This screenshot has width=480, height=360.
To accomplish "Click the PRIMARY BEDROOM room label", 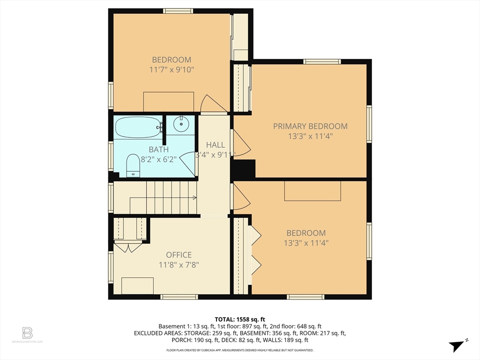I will coord(310,126).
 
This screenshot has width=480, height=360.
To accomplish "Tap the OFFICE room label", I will coord(179,255).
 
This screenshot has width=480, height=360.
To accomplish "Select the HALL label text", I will coord(215,145).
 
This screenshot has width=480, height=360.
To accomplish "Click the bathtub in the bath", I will coord(138,127).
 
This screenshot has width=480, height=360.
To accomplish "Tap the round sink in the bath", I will coord(180,125).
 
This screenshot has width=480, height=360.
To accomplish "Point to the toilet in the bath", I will coord(134,166).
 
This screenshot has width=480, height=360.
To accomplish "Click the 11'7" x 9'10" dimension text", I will coord(171,69).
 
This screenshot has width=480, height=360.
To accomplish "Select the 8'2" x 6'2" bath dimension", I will coord(159,159).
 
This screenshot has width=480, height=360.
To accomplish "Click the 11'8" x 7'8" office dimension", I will coord(179,264).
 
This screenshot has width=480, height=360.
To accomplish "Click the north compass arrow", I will coord(457,345).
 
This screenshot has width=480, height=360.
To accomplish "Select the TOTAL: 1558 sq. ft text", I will coord(240,319).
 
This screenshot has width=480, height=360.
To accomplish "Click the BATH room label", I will coord(158,150).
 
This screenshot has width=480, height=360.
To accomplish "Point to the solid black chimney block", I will coord(244,169).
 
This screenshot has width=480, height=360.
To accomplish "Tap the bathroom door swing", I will coord(188,162).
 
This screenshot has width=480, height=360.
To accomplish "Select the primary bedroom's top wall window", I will coord(322,61).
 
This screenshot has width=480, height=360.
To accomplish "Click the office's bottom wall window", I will coord(179,297).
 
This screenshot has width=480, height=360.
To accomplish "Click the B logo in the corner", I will coord(28,333).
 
